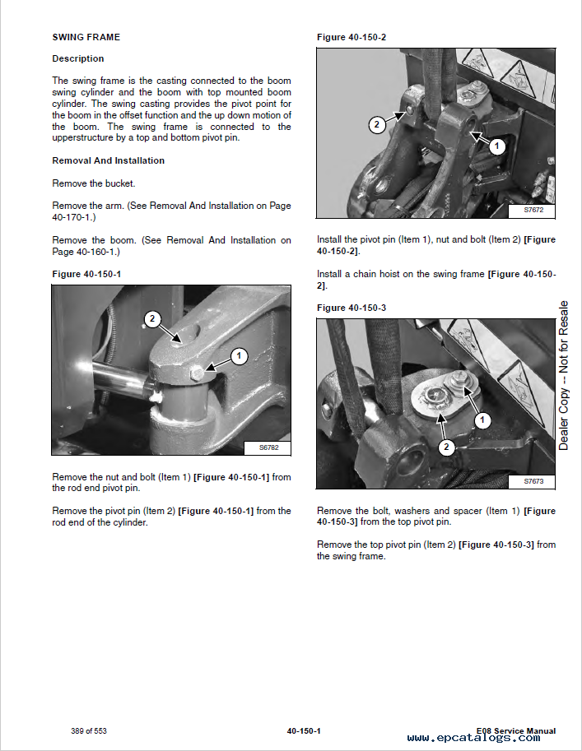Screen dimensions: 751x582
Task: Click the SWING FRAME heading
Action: (86, 37)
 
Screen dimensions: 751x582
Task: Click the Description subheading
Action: (78, 58)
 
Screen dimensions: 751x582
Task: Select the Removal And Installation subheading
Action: (108, 160)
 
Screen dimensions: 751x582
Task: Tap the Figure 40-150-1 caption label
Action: (87, 273)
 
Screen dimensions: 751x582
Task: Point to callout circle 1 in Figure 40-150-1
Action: (238, 356)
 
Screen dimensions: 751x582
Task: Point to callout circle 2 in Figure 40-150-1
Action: (152, 318)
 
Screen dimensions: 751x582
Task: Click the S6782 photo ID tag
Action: (268, 448)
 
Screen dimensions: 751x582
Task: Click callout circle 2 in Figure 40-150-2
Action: (376, 125)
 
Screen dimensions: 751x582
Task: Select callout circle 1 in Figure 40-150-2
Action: (496, 146)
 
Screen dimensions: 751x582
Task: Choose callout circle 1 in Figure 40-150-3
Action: (482, 420)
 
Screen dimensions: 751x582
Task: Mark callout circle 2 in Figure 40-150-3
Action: (446, 447)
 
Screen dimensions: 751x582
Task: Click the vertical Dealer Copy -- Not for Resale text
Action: (564, 375)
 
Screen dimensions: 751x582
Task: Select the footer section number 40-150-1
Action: (304, 731)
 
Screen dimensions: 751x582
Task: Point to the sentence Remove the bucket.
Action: (94, 183)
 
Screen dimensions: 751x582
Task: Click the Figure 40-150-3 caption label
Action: (352, 308)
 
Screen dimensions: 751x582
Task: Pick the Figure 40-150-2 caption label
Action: (352, 37)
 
